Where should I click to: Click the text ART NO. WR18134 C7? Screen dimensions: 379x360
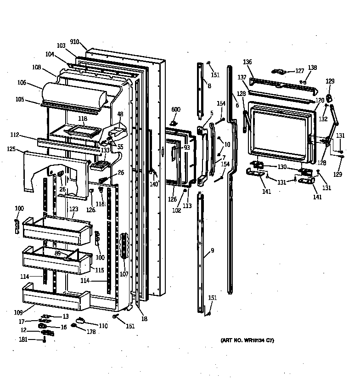tap(247, 340)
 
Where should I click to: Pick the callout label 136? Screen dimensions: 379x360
tap(247, 62)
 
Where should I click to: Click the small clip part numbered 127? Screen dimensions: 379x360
tap(279, 71)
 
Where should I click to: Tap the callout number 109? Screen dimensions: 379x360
tap(18, 312)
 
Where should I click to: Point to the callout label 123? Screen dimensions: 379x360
tap(74, 209)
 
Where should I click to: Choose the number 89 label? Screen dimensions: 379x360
tap(58, 253)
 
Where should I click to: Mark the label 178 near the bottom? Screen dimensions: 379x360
tap(91, 332)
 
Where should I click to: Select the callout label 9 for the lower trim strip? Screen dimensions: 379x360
tap(213, 251)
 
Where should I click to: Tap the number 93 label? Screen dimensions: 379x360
tap(187, 147)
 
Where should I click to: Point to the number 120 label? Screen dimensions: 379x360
tap(320, 100)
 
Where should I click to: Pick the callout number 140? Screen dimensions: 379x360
tap(153, 184)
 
